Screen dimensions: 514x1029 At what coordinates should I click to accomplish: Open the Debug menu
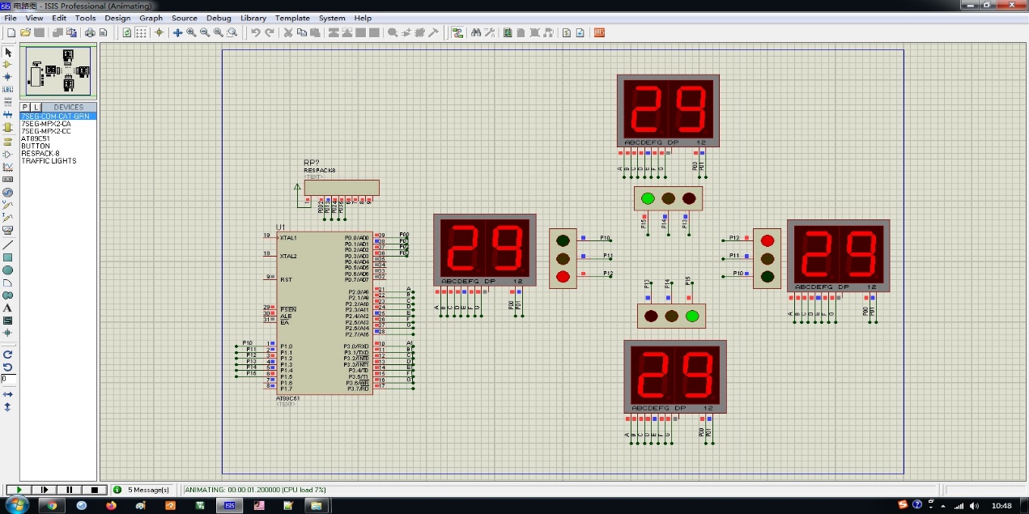[x=219, y=18]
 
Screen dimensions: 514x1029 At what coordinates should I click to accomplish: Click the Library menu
[x=253, y=18]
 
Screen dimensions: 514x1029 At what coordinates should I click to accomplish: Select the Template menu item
[x=292, y=18]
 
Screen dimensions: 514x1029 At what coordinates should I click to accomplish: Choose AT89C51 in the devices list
[x=36, y=138]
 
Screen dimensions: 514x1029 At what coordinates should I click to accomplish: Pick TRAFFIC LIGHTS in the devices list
[x=49, y=161]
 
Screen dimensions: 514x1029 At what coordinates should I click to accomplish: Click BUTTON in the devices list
[x=36, y=146]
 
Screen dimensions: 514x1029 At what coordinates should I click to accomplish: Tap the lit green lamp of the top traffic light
[x=648, y=198]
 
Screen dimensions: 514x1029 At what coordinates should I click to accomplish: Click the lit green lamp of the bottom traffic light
[x=691, y=316]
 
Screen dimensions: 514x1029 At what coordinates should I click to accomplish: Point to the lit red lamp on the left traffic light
[x=563, y=277]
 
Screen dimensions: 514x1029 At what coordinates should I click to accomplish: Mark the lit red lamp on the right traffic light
[x=767, y=240]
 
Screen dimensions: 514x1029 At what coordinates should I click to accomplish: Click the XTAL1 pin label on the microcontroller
[x=289, y=238]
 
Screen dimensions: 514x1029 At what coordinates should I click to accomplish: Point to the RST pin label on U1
[x=286, y=279]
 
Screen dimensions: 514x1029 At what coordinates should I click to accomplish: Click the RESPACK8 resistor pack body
[x=341, y=188]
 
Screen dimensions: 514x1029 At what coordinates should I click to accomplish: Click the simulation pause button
[x=70, y=490]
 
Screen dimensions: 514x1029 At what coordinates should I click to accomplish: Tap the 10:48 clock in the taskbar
[x=1001, y=506]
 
